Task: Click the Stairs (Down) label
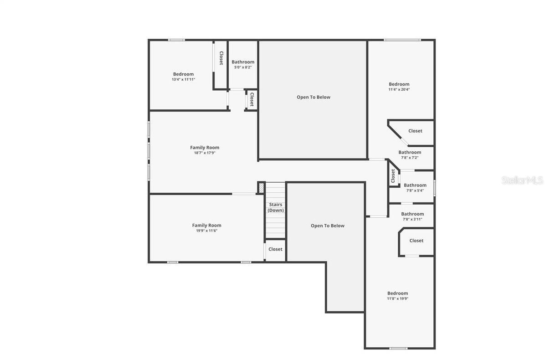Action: click(275, 207)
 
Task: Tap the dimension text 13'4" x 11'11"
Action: click(183, 79)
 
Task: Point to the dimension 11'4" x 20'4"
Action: click(399, 89)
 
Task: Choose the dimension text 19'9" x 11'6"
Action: click(206, 231)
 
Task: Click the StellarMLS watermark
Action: click(522, 180)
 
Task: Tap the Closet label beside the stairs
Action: click(275, 249)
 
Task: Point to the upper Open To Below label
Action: click(314, 97)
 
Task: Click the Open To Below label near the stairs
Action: click(327, 226)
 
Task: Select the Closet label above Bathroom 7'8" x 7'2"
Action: click(415, 131)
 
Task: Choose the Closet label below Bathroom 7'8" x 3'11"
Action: click(416, 241)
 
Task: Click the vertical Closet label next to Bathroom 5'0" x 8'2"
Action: click(221, 58)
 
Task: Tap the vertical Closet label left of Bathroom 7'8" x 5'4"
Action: click(393, 176)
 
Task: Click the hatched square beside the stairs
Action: click(261, 187)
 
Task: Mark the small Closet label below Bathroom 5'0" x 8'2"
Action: click(251, 99)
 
